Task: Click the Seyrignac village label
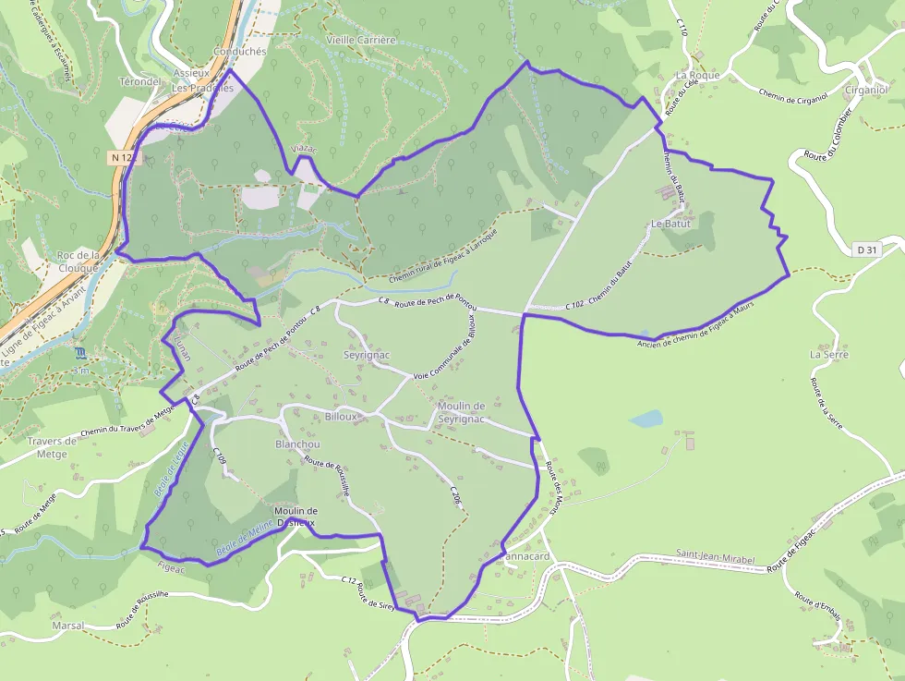[x=367, y=355]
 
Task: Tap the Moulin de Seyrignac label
[x=462, y=413]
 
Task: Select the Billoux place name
[x=341, y=417]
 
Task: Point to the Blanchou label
[x=297, y=444]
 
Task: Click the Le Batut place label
[x=670, y=225]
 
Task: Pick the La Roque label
[x=697, y=75]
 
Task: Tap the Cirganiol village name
[x=866, y=90]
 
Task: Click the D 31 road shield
[x=865, y=249]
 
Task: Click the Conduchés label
[x=239, y=52]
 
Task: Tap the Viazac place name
[x=304, y=149]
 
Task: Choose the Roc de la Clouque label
[x=78, y=261]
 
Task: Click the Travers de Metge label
[x=51, y=447]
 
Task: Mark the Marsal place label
[x=68, y=626]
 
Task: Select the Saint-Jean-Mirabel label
[x=715, y=560]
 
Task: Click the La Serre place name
[x=828, y=354]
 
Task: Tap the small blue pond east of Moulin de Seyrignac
[x=646, y=420]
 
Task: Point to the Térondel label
[x=140, y=81]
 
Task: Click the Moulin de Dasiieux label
[x=296, y=517]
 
